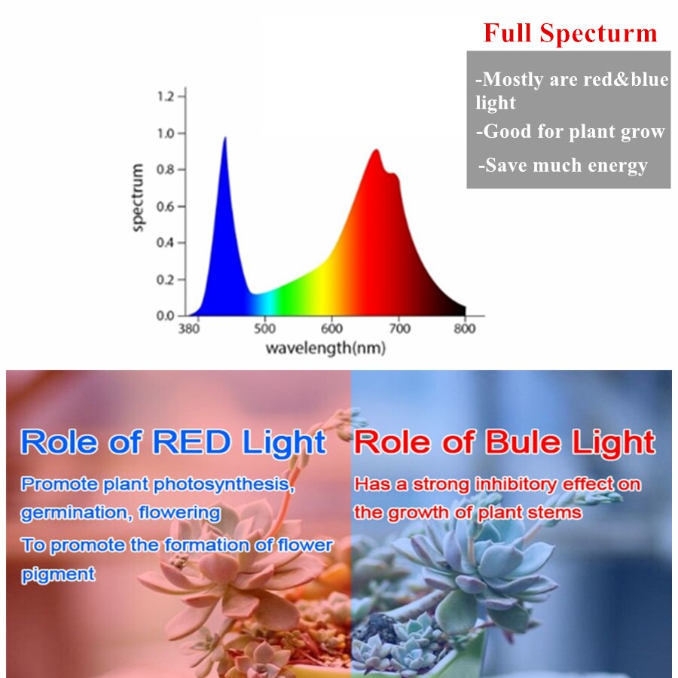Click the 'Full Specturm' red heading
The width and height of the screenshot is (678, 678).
(570, 33)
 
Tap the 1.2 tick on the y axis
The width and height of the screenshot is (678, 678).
(166, 96)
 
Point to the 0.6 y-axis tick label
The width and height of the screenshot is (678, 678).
(166, 206)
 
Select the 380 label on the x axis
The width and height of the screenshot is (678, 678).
(189, 329)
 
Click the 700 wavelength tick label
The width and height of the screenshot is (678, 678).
(399, 329)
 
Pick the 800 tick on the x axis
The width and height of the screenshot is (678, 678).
(465, 329)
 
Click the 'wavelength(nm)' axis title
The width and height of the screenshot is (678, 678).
(325, 348)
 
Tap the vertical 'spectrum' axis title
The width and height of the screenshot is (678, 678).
(138, 197)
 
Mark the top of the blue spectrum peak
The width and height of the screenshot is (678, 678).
(224, 138)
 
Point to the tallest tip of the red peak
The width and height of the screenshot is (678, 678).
(376, 150)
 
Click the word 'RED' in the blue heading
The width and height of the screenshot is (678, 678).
(191, 442)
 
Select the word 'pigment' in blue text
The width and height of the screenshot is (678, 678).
(58, 575)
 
